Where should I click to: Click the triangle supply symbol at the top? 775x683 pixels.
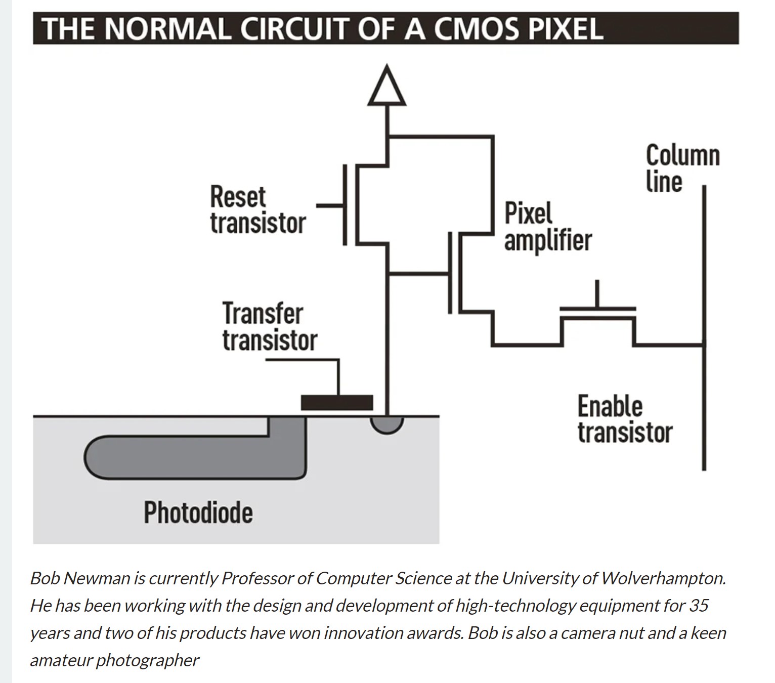coord(387,88)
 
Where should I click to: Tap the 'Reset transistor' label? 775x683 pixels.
coord(257,210)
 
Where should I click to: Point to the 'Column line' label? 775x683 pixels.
coord(682,168)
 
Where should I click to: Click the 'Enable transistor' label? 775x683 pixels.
coord(625,419)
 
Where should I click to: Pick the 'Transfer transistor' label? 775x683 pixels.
coord(269,326)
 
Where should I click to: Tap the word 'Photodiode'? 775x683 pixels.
coord(198,512)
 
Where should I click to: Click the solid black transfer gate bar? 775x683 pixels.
coord(337,403)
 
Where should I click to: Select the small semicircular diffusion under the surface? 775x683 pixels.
coord(387,424)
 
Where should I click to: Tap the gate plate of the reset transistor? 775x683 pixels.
coord(345,205)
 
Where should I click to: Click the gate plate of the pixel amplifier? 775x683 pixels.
coord(450,273)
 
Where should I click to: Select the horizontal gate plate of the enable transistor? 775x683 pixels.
coord(597,308)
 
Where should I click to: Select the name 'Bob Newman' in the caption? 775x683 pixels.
coord(80,578)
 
